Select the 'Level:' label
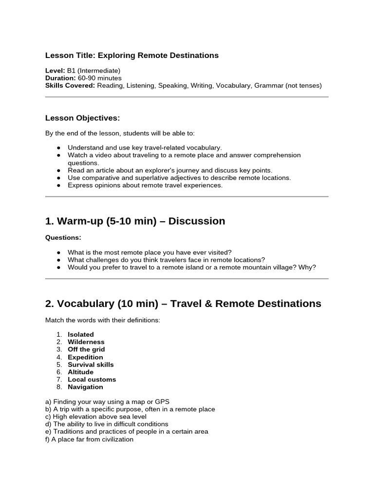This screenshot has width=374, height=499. click(55, 71)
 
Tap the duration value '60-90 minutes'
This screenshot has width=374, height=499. click(99, 78)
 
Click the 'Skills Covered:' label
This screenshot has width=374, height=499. click(70, 85)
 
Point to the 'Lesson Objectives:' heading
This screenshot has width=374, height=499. click(82, 118)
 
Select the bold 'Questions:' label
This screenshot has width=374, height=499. click(63, 238)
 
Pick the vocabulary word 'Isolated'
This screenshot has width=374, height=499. click(81, 334)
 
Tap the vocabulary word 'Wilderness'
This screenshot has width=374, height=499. click(86, 342)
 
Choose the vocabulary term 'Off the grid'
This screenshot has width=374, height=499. click(86, 349)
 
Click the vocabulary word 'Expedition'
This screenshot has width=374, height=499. click(85, 357)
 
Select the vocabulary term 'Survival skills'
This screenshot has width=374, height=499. click(91, 365)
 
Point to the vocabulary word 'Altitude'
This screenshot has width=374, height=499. click(80, 372)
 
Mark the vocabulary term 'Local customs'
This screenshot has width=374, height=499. click(92, 379)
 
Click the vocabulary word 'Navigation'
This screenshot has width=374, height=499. click(85, 387)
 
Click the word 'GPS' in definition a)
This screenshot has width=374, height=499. click(162, 402)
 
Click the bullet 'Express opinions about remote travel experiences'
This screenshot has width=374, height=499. click(145, 185)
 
